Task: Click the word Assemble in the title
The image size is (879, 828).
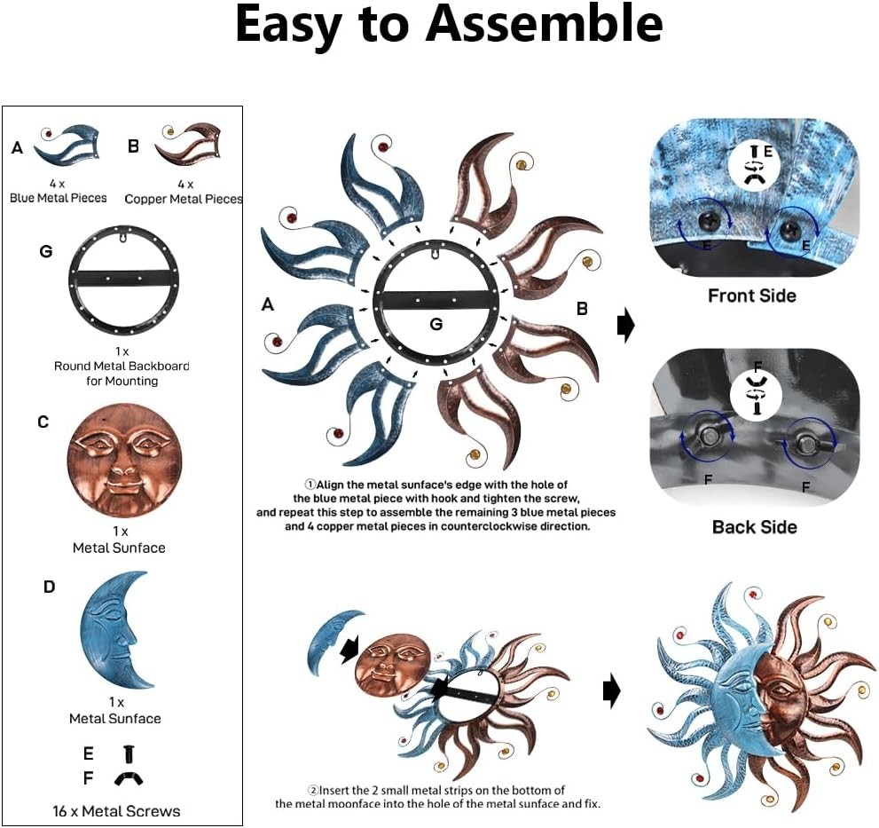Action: [545, 24]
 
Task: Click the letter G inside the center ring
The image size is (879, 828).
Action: [436, 324]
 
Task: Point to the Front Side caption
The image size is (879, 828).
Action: [752, 296]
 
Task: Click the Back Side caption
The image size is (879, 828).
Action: [755, 527]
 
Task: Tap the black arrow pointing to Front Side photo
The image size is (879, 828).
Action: [625, 325]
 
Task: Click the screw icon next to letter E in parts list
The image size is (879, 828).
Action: [129, 753]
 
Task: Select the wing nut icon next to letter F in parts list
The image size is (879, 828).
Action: [129, 778]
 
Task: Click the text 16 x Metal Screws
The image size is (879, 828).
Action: [116, 811]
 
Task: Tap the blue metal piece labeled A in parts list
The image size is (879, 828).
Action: [67, 146]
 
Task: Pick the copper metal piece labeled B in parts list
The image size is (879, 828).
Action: [188, 144]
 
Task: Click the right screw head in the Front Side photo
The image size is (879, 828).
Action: [790, 227]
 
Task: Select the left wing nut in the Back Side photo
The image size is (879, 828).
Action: [708, 437]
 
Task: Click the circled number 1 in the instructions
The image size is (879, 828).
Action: [310, 485]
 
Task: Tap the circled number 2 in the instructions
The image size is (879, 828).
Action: [313, 791]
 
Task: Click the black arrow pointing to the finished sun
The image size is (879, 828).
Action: [612, 691]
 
